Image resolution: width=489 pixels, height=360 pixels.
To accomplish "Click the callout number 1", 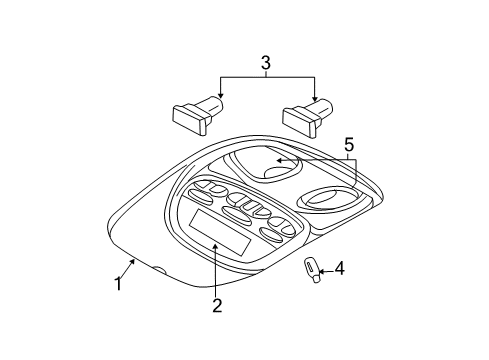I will pyautogui.click(x=117, y=284).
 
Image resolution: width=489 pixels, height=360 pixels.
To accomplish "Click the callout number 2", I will pyautogui.click(x=216, y=305).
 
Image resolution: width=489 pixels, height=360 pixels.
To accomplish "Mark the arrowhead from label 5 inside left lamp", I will pyautogui.click(x=278, y=160).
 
